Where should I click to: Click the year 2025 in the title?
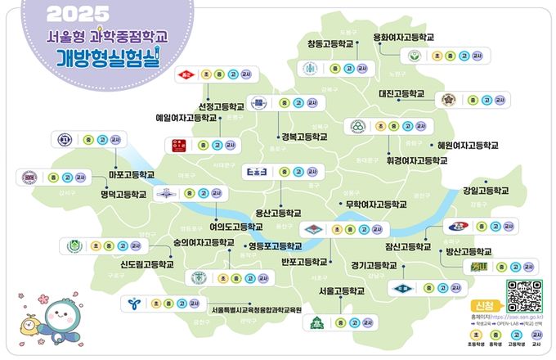tap(78, 14)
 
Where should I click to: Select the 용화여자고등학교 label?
tap(403, 37)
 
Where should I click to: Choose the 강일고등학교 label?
tap(485, 191)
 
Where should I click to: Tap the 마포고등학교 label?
tap(132, 175)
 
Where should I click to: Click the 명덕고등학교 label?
tap(123, 195)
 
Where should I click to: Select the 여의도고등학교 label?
tap(236, 226)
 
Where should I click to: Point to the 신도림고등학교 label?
tap(147, 264)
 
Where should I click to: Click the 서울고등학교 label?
tap(341, 290)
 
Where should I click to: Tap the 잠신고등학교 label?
tap(407, 245)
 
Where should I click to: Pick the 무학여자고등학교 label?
tap(375, 204)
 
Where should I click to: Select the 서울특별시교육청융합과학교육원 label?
tap(257, 309)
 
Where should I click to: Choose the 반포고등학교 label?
tap(303, 262)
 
